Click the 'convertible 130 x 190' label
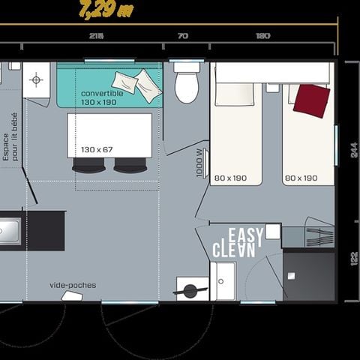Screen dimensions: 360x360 pyautogui.click(x=98, y=97)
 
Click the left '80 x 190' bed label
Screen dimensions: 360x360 pyautogui.click(x=230, y=178)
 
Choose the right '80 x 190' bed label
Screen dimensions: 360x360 pyautogui.click(x=299, y=178)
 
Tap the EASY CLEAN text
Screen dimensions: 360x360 pyautogui.click(x=239, y=242)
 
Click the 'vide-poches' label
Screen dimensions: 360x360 pyautogui.click(x=73, y=285)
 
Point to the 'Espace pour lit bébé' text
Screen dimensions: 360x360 pyautogui.click(x=10, y=136)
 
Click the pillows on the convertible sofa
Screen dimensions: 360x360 pyautogui.click(x=137, y=84)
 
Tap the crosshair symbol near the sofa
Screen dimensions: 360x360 pyautogui.click(x=35, y=77)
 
